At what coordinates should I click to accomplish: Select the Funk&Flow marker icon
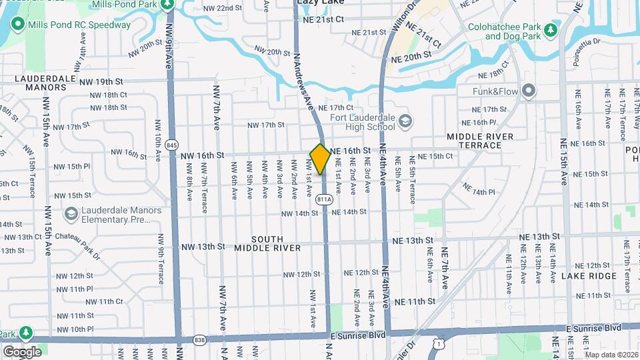point(529,90)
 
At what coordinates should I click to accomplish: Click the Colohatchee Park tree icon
point(550,30)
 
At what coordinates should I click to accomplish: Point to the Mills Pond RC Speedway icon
point(18,25)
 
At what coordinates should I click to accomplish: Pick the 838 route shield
point(201,340)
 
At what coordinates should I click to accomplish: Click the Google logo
point(22,351)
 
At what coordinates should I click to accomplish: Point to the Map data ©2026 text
point(611,355)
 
